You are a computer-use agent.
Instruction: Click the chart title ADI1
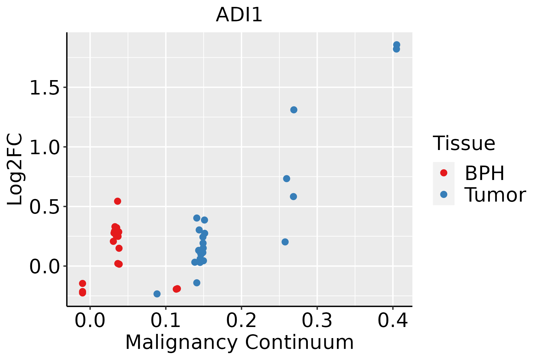click(x=239, y=15)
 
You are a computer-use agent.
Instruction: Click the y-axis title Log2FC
click(x=15, y=169)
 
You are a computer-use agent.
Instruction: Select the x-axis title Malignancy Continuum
click(x=239, y=342)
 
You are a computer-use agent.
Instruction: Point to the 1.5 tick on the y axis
click(x=44, y=88)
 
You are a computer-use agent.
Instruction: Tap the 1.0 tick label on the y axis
click(x=44, y=147)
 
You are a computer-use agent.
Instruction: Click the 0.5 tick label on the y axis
click(x=44, y=207)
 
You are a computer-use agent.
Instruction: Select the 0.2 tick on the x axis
click(x=241, y=320)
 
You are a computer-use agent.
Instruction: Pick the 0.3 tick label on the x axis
click(x=317, y=320)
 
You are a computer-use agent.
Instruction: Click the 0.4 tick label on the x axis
click(x=392, y=320)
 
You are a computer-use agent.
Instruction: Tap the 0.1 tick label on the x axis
click(x=166, y=320)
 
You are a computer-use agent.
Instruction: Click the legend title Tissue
click(x=464, y=143)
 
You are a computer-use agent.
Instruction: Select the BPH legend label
click(x=484, y=173)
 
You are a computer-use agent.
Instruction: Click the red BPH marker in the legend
click(x=443, y=173)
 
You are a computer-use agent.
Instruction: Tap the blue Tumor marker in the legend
click(x=443, y=194)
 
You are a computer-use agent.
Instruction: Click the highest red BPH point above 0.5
click(x=118, y=201)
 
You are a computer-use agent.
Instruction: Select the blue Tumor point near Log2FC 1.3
click(x=294, y=110)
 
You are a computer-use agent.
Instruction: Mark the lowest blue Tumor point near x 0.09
click(x=157, y=294)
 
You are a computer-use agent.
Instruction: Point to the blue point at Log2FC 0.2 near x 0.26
click(x=285, y=242)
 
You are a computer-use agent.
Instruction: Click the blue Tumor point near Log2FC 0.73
click(x=286, y=179)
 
